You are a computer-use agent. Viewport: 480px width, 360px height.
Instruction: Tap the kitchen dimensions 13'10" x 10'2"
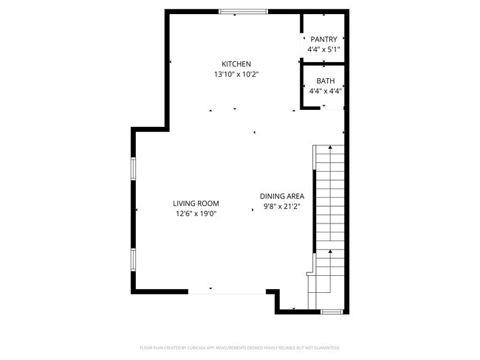(x=236, y=75)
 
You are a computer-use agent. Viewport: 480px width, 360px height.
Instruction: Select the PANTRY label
(x=323, y=39)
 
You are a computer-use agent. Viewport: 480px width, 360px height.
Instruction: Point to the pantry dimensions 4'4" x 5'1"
(x=323, y=49)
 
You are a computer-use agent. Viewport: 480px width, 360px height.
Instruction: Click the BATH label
(x=325, y=81)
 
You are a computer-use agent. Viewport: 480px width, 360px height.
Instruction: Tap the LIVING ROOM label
(x=196, y=204)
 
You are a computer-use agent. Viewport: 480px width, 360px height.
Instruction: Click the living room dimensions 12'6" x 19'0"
(x=196, y=214)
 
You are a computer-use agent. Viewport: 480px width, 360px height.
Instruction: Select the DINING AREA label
(x=282, y=196)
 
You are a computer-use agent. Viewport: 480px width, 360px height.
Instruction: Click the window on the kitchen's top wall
(x=243, y=11)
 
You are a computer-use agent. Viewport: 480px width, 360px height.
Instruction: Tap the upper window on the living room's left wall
(x=134, y=168)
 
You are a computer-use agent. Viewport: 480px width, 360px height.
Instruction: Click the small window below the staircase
(x=332, y=312)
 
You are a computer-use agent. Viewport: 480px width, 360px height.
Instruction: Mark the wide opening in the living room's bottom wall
(x=226, y=293)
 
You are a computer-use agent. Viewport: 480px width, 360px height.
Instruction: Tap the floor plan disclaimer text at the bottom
(x=239, y=347)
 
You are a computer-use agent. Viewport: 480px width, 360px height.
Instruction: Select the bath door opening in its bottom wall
(x=334, y=109)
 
